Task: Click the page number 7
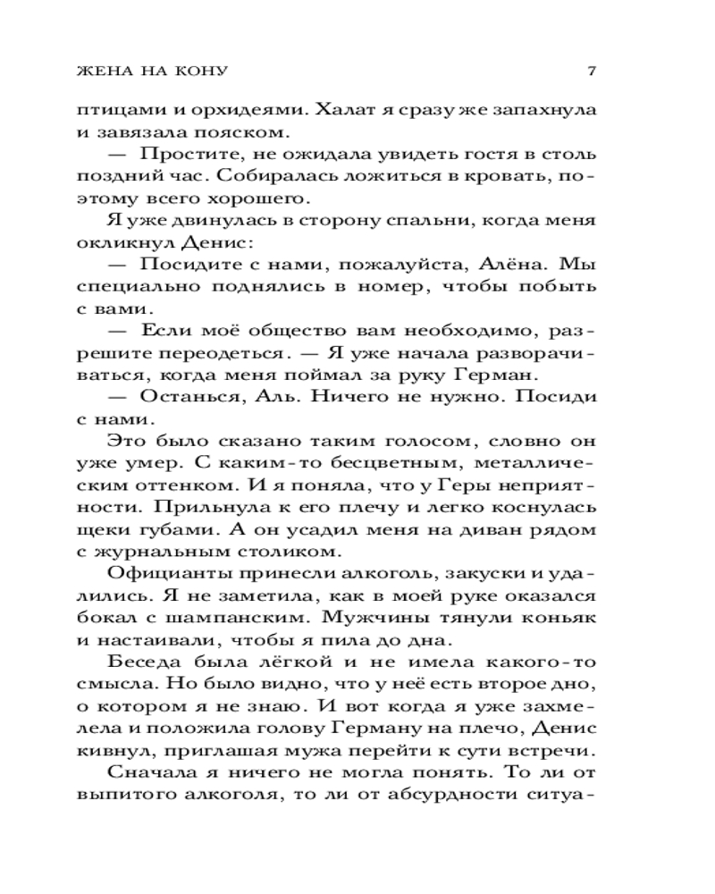pyautogui.click(x=593, y=71)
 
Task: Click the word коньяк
pyautogui.click(x=555, y=616)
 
